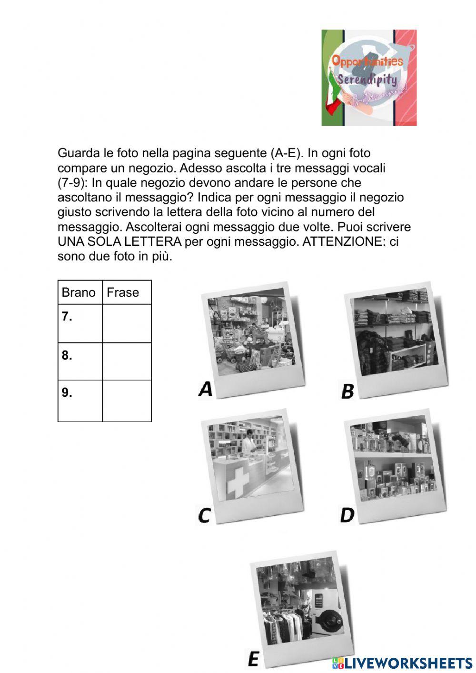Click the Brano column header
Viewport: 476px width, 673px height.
coord(79,292)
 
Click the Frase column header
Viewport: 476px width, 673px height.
coord(123,292)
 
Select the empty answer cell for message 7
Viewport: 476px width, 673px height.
coord(127,323)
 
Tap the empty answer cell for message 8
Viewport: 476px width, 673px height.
coord(127,362)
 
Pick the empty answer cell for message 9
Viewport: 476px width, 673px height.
coord(127,401)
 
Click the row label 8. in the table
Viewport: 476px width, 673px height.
coord(67,355)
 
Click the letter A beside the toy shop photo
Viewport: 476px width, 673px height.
coord(206,390)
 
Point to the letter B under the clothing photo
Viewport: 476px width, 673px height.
coord(348,391)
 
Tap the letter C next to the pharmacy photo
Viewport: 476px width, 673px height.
coord(204,515)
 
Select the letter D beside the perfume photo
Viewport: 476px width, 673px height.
coord(347,515)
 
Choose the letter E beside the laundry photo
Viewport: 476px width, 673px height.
coord(253,659)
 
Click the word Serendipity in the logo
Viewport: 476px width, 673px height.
coord(367,79)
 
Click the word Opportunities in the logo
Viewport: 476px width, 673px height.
coord(367,61)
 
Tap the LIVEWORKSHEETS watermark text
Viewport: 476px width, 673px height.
coord(408,663)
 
